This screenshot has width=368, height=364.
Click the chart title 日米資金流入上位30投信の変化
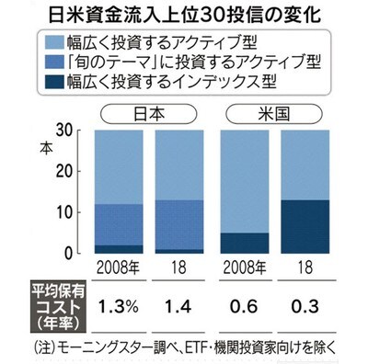tap(183, 15)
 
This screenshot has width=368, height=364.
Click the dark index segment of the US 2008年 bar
tap(244, 243)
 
